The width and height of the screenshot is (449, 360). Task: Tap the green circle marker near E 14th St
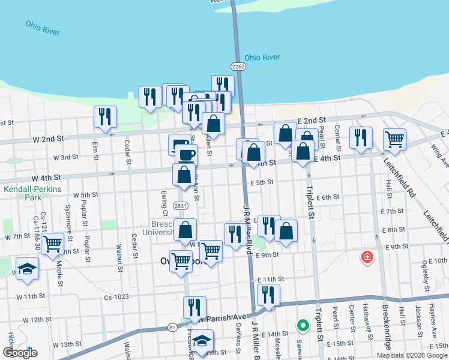click(303, 326)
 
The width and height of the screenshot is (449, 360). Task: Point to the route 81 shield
click(172, 327)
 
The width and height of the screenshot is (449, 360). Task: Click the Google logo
click(20, 353)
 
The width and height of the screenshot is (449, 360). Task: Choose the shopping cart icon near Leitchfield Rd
click(394, 139)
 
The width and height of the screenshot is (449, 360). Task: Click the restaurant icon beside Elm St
click(105, 116)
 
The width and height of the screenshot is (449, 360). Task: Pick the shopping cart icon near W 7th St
click(53, 244)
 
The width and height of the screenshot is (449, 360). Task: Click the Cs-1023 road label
click(116, 296)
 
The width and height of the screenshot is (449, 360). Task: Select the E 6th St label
click(328, 197)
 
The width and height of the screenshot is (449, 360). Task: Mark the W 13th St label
click(67, 344)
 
